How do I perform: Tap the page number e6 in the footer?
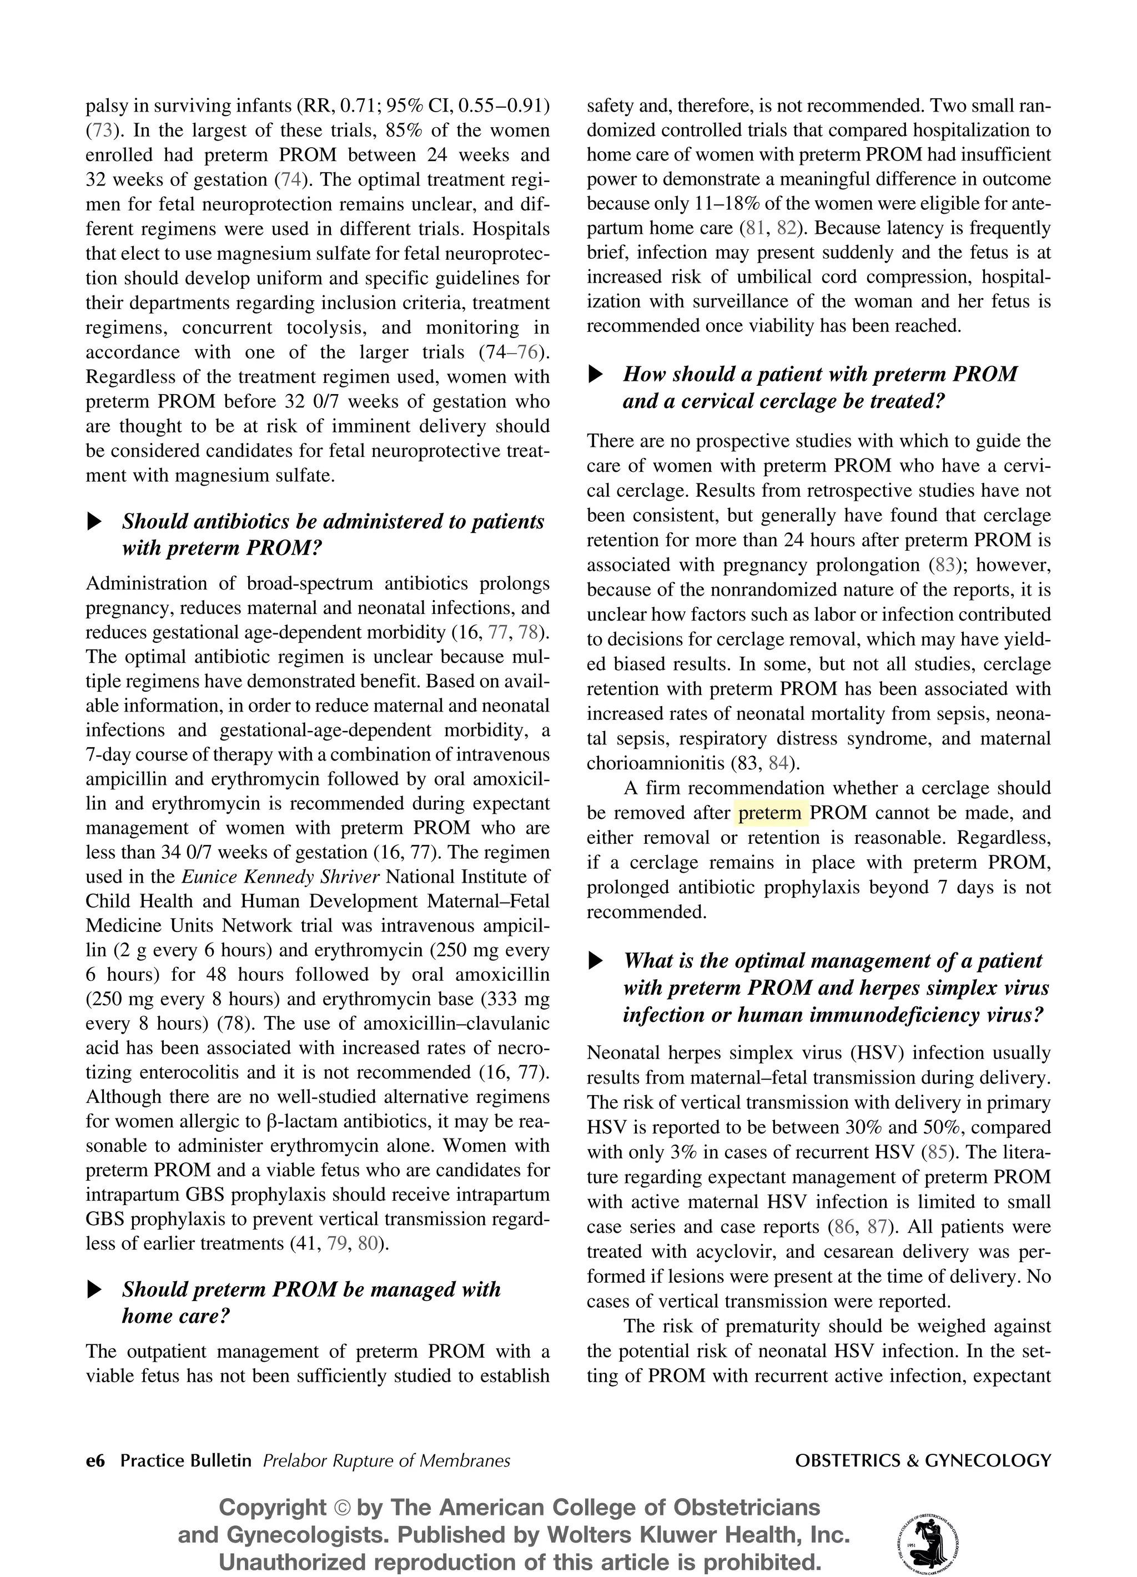(95, 1461)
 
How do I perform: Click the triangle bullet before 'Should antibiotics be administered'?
(94, 521)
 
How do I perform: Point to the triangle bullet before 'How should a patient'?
(595, 375)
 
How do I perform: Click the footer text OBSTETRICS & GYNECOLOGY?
(923, 1461)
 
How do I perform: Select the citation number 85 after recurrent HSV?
(938, 1152)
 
